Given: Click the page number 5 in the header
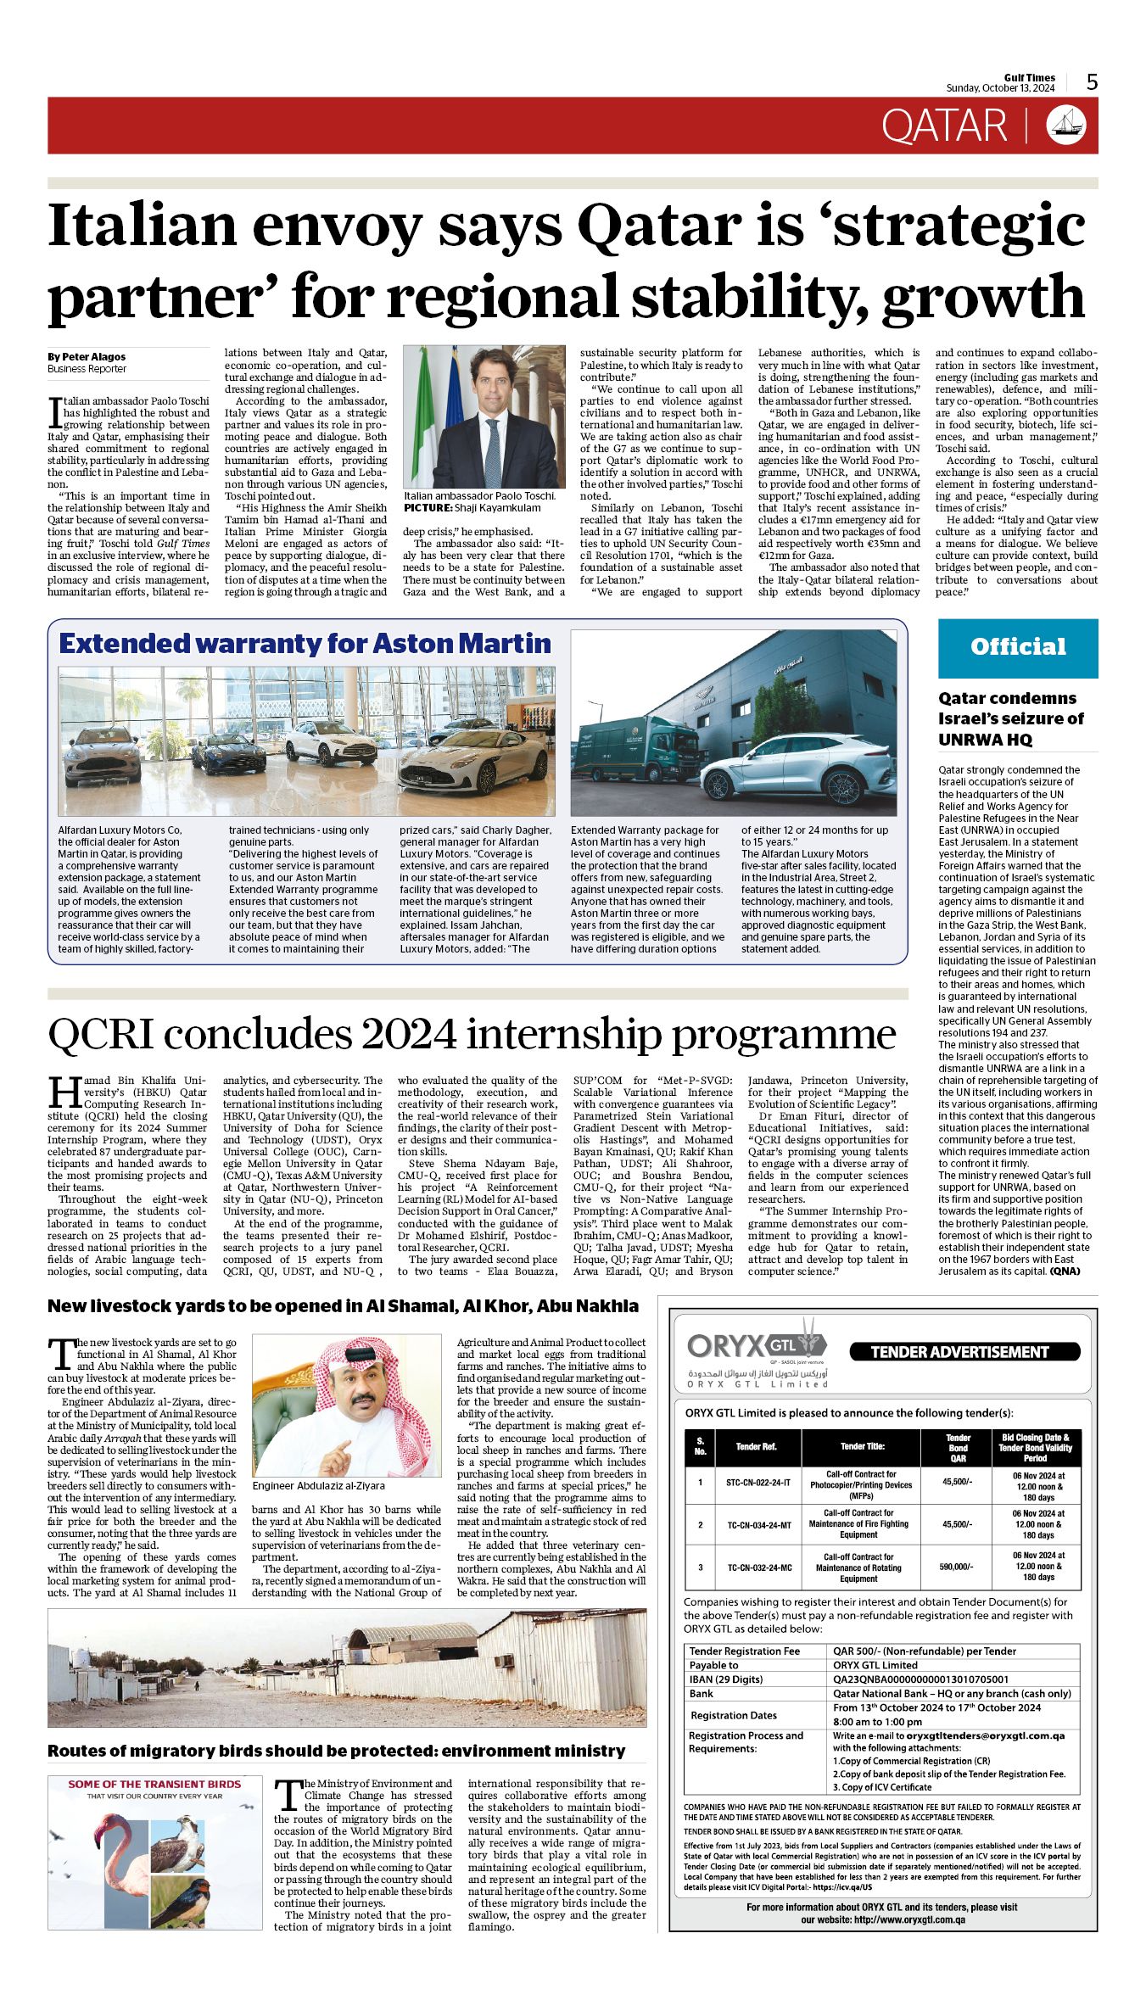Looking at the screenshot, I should pyautogui.click(x=1092, y=81).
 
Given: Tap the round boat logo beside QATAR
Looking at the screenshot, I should pyautogui.click(x=1065, y=125).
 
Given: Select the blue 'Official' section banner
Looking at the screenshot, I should pyautogui.click(x=1017, y=647).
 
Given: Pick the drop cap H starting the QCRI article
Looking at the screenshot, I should pyautogui.click(x=64, y=1092).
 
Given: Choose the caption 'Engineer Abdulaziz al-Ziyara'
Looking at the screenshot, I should pyautogui.click(x=318, y=1485).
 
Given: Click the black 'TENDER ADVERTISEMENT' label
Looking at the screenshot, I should pyautogui.click(x=959, y=1352).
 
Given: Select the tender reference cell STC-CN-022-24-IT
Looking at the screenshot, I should pyautogui.click(x=757, y=1482).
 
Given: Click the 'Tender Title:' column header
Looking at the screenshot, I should pyautogui.click(x=862, y=1446).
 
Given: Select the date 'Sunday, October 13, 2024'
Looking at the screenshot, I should pyautogui.click(x=1000, y=88).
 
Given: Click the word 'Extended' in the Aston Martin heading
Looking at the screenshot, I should pyautogui.click(x=124, y=644).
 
